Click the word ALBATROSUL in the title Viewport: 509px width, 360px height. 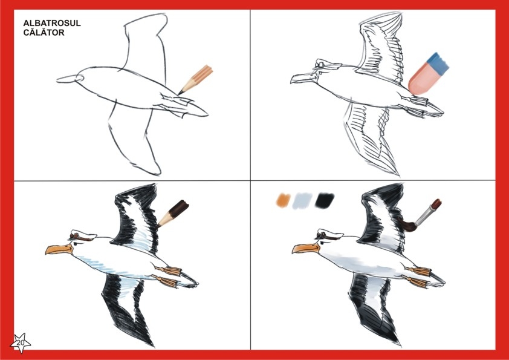(52, 24)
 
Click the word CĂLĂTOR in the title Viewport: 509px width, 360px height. (44, 33)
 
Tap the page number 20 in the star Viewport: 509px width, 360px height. (21, 342)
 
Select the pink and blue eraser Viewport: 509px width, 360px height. (428, 74)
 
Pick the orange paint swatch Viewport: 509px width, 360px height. (283, 200)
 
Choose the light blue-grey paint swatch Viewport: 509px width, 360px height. (302, 200)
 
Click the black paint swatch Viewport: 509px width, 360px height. (324, 200)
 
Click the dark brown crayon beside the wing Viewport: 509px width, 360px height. (173, 213)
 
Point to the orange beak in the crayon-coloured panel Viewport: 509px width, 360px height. (59, 249)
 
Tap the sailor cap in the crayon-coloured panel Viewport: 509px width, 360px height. (83, 235)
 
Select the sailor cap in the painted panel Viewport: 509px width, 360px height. (329, 235)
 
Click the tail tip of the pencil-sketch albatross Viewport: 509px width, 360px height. (208, 115)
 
